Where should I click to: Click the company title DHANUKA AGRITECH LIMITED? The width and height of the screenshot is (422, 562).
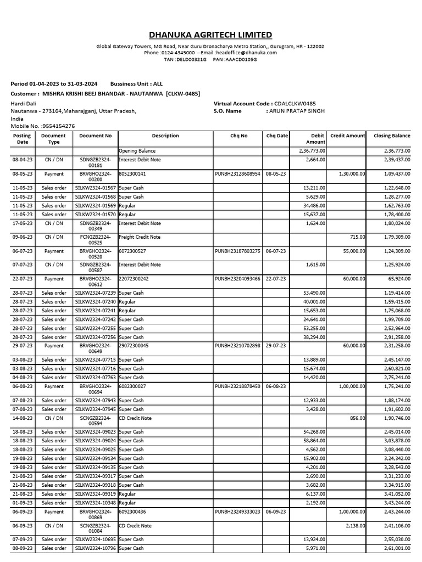click(x=210, y=35)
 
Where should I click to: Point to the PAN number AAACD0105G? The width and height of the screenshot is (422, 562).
click(x=240, y=59)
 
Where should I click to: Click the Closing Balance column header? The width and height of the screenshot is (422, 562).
click(x=392, y=136)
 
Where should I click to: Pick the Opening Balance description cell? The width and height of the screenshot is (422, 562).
click(x=137, y=150)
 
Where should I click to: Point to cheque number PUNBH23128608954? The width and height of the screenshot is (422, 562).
click(x=238, y=173)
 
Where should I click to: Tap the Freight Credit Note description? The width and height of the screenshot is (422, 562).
click(x=140, y=237)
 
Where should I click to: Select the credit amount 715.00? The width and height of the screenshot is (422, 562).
click(x=357, y=237)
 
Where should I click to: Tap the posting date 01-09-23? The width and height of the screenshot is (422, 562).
click(x=22, y=503)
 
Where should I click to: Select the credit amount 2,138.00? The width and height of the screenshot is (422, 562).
click(x=355, y=526)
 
